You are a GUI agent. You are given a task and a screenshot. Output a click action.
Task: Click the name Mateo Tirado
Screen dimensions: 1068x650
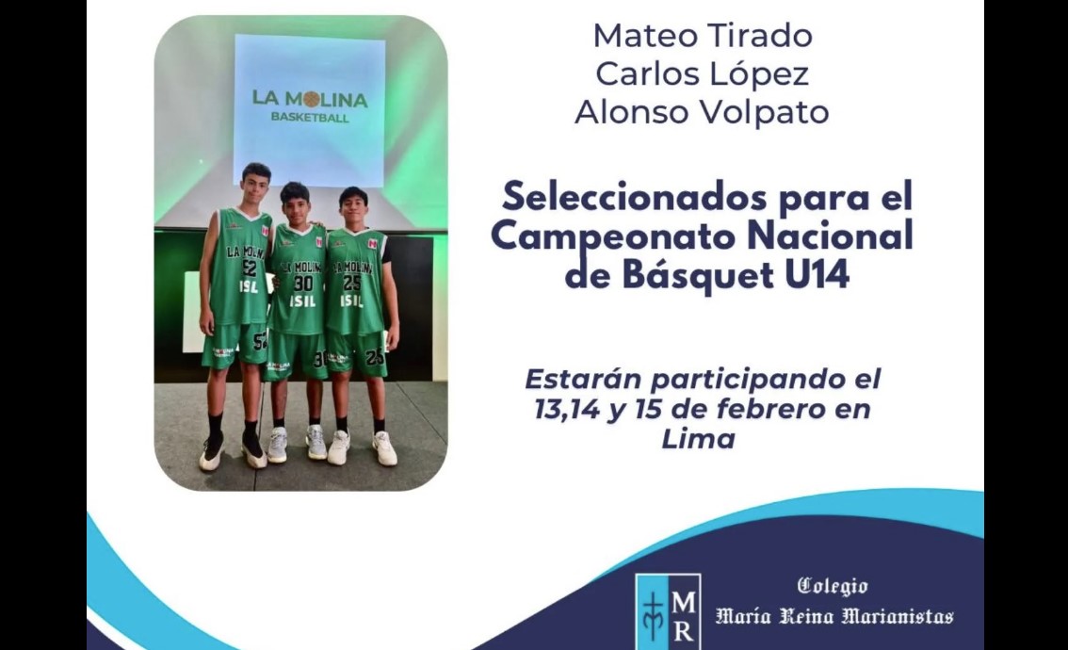pos(703,36)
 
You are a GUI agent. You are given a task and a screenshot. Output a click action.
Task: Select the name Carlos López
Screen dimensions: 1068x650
pos(703,74)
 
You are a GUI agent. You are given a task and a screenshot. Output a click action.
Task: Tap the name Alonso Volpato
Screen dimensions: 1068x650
pos(703,112)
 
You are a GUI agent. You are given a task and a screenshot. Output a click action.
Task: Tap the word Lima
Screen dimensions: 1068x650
pos(699,439)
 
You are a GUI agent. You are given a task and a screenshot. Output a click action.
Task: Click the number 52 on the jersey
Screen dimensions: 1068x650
pos(250,268)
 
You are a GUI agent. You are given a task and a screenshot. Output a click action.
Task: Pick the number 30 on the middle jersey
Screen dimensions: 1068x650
pos(303,284)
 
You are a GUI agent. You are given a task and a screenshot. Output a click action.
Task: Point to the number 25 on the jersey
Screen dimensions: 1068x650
pos(352,283)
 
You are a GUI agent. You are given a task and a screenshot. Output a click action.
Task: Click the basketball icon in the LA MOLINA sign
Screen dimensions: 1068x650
pos(312,100)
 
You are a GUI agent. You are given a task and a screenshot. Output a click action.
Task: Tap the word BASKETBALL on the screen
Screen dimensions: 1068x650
pos(310,117)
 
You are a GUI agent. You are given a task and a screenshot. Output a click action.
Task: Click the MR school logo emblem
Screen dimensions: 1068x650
pos(668,611)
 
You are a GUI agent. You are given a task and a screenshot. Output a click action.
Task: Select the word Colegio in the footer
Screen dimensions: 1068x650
pos(833,586)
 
